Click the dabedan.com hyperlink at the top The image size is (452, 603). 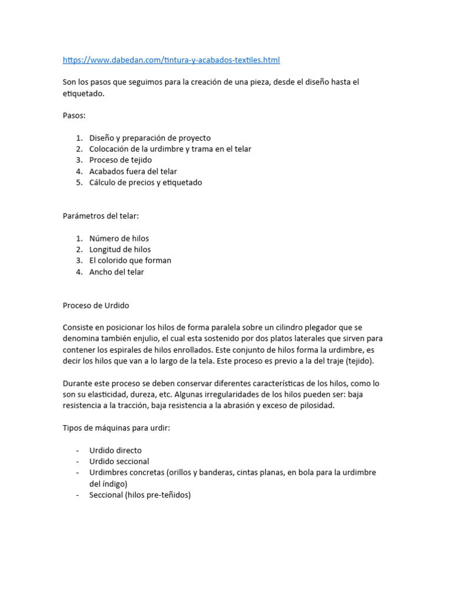coord(171,60)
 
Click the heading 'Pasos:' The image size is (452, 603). coord(74,115)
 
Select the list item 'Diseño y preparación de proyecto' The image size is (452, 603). coord(149,138)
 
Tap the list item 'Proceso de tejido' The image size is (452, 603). coord(120,160)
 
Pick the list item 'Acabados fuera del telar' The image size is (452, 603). coord(133,171)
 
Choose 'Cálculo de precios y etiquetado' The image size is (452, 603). coord(145,183)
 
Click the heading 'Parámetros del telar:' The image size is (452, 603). coord(101,216)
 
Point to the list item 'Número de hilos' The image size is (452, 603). coord(119,238)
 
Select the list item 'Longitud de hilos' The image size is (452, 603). coord(119,249)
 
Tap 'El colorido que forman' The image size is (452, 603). coord(130,260)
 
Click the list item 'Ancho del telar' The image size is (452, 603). coord(117,272)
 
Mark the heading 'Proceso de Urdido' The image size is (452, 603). coord(96,306)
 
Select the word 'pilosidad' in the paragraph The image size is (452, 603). coord(317,405)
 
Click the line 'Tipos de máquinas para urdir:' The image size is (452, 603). coord(117,428)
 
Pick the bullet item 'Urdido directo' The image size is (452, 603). coord(115,450)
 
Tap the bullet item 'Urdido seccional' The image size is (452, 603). coord(119,462)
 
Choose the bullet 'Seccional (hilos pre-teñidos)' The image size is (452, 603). coord(140,495)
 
